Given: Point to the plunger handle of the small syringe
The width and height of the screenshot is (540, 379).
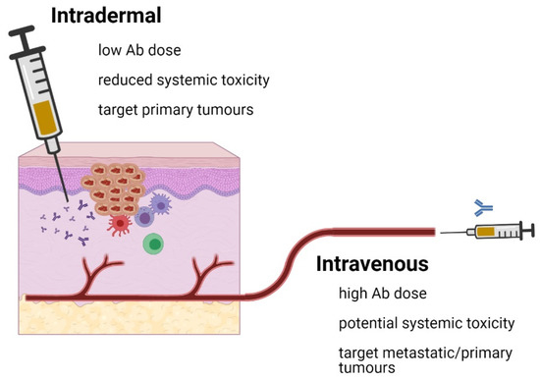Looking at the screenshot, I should (531, 233).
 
